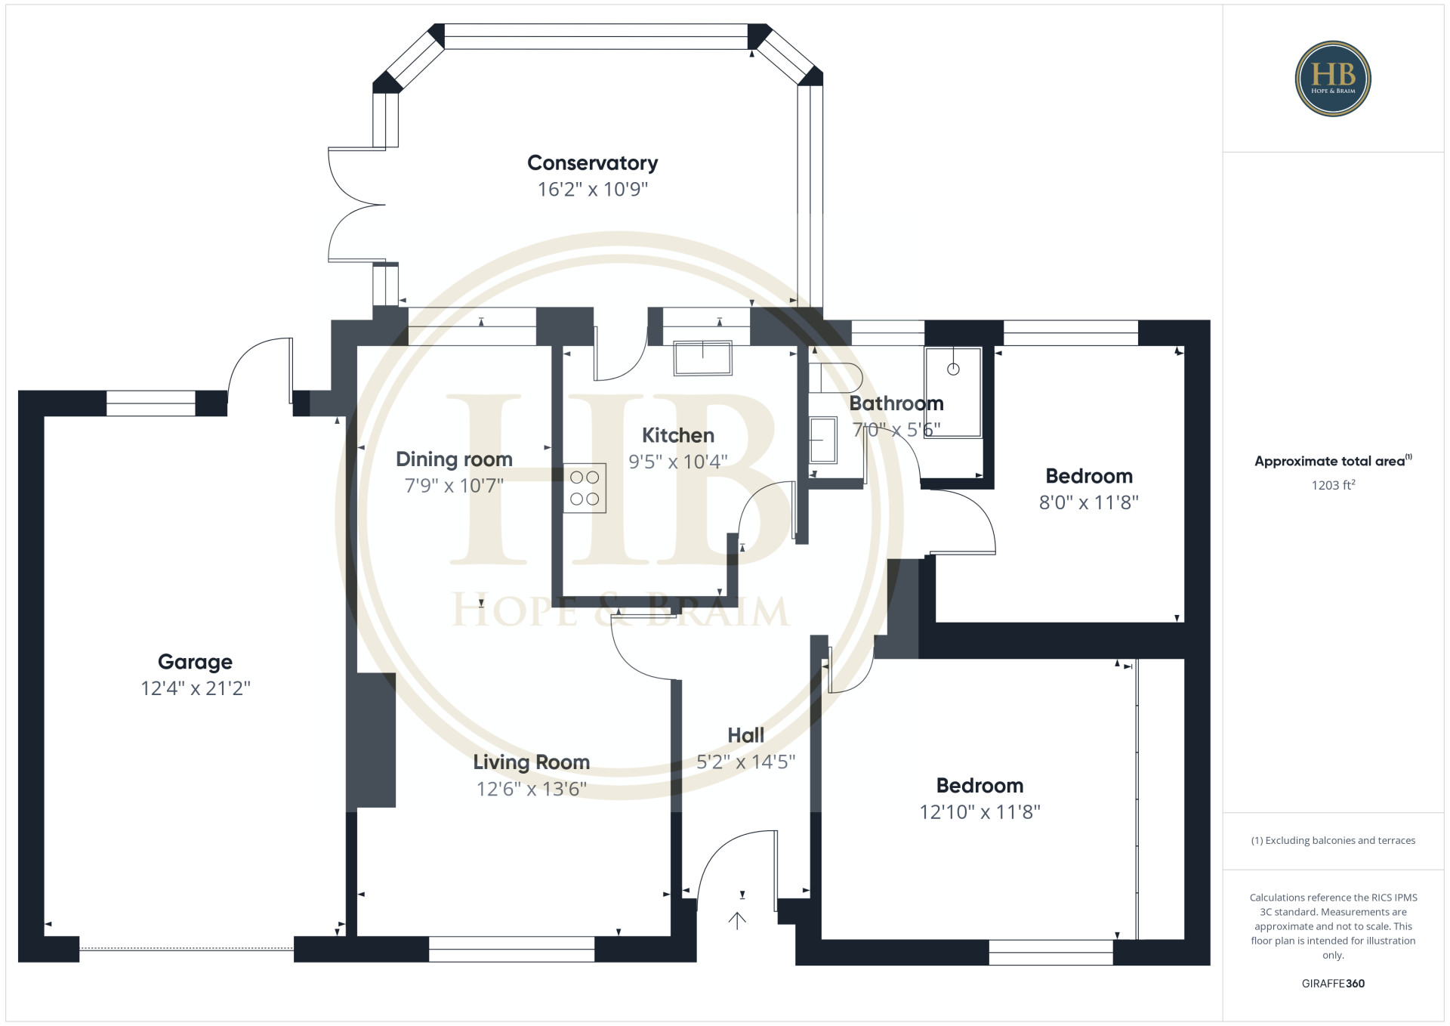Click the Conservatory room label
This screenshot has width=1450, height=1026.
(x=592, y=163)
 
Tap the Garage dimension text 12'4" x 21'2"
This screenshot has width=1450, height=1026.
(x=195, y=688)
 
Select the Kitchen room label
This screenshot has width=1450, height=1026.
(x=677, y=435)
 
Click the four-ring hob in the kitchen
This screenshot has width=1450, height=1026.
(x=585, y=488)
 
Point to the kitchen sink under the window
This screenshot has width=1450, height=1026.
(x=702, y=358)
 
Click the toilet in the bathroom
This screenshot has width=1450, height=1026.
(x=835, y=377)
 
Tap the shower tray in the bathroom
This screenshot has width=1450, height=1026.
(x=953, y=392)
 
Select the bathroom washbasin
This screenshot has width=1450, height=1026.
(x=823, y=440)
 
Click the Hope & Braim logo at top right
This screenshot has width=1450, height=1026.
(x=1333, y=79)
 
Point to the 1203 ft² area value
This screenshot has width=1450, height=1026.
(x=1333, y=485)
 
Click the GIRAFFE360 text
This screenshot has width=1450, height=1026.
(x=1333, y=984)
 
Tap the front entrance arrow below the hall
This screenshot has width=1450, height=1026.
(x=737, y=920)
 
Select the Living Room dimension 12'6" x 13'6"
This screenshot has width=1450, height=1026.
(x=531, y=790)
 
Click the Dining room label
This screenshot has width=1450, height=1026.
(x=454, y=459)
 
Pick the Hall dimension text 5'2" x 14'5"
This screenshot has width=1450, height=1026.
(x=745, y=762)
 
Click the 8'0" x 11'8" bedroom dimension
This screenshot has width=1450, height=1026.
(x=1088, y=502)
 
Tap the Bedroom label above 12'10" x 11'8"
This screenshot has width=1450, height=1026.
(x=980, y=786)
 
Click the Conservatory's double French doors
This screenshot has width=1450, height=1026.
(x=356, y=205)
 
